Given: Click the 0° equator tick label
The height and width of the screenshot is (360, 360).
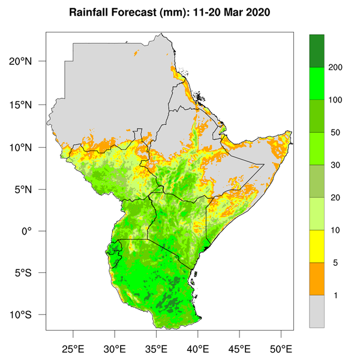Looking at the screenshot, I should click(34, 231).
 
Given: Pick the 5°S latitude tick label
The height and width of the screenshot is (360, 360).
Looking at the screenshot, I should click(31, 273).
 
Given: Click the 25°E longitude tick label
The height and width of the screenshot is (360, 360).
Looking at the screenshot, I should click(73, 347).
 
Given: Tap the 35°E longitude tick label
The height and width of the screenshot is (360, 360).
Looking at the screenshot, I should click(156, 347).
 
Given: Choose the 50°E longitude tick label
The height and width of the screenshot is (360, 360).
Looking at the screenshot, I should click(281, 347).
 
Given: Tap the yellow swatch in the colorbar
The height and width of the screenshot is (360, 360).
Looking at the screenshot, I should click(317, 246).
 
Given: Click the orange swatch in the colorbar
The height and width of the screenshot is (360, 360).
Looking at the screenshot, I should click(317, 279).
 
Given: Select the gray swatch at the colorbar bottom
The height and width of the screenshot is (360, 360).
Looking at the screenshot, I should click(317, 311).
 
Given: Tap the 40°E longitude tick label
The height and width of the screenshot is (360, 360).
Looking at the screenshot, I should click(198, 347).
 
